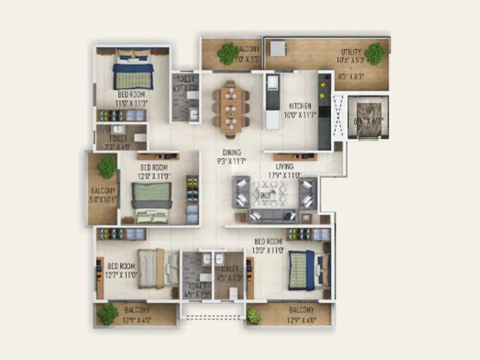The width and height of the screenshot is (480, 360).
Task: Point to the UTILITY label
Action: coord(351,52)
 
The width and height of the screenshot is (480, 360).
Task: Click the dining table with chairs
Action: coord(230,106)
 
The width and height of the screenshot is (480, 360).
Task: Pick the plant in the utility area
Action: coord(375,53)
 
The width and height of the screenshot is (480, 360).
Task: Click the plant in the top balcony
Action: coord(228,53)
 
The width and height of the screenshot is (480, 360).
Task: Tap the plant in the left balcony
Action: coord(107,167)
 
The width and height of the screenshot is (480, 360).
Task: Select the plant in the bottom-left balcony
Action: coord(107,314)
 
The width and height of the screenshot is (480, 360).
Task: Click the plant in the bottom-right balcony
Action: coord(254,316)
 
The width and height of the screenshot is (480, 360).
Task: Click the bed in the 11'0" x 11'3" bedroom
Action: coord(133,71)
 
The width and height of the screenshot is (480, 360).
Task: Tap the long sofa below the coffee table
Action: coord(273,216)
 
